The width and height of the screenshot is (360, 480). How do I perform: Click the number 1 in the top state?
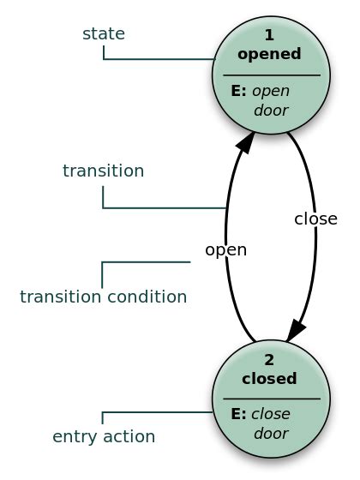tap(269, 36)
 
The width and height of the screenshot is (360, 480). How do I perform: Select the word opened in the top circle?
tap(269, 54)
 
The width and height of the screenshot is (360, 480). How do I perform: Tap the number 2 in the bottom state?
tap(269, 360)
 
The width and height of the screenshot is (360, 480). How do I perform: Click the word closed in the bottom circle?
tap(269, 378)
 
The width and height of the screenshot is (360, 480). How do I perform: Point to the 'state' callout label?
tap(104, 33)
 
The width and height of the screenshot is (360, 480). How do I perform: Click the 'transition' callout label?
tap(103, 171)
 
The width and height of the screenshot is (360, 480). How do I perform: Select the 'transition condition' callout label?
tap(103, 297)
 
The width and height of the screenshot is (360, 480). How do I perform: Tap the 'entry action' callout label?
tap(104, 436)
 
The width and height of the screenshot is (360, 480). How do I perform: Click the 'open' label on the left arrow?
tap(225, 250)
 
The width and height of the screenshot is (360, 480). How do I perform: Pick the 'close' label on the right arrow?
tap(315, 218)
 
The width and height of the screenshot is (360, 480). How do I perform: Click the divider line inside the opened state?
tap(271, 75)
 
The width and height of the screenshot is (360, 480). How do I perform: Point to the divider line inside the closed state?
tap(271, 399)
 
